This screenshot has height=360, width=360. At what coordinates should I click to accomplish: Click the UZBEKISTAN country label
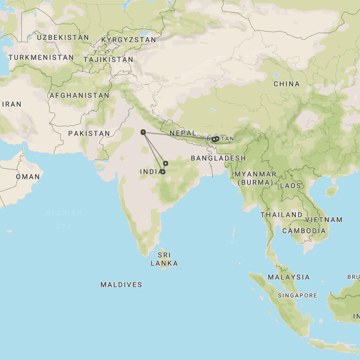tap(63, 37)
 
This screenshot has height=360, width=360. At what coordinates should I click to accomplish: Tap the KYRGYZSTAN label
tap(128, 40)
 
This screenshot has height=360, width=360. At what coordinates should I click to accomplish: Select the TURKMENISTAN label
tap(41, 57)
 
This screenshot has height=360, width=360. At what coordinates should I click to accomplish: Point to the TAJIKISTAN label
tap(109, 59)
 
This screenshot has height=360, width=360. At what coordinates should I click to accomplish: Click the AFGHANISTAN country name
tap(79, 96)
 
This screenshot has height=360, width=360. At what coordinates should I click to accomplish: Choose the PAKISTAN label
tap(89, 133)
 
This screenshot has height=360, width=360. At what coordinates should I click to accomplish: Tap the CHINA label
tap(286, 84)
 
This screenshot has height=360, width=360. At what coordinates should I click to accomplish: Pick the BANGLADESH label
tap(218, 158)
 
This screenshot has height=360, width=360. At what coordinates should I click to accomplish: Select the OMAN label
tap(28, 177)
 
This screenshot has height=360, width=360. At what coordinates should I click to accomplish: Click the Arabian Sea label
tap(64, 218)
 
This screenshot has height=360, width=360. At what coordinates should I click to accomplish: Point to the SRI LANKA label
tap(164, 259)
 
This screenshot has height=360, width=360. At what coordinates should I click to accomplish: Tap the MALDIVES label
tap(121, 285)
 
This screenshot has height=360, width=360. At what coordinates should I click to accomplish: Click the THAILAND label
tap(281, 215)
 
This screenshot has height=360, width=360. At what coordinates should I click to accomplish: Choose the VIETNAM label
tap(325, 220)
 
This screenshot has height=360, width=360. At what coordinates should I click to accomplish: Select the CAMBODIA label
tap(304, 231)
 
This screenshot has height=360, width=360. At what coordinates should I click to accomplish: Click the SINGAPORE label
tap(298, 295)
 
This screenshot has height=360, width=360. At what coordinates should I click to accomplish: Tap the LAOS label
tap(291, 186)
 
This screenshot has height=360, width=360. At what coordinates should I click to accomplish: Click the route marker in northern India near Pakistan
tap(143, 132)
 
